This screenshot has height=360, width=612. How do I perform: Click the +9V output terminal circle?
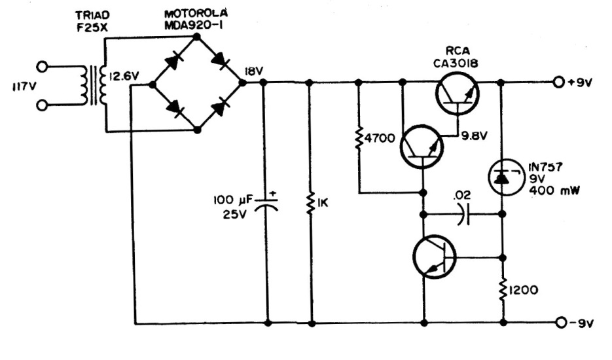pyautogui.click(x=558, y=82)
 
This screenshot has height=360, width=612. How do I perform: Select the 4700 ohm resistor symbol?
pyautogui.click(x=359, y=140)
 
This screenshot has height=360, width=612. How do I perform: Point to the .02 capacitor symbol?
pyautogui.click(x=463, y=214)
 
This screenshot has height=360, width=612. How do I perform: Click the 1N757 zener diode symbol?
pyautogui.click(x=502, y=175)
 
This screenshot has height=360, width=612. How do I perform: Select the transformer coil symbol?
pyautogui.click(x=92, y=85)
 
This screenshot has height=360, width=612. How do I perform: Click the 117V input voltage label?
pyautogui.click(x=22, y=85)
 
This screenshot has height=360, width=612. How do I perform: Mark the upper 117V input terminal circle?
pyautogui.click(x=44, y=66)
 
